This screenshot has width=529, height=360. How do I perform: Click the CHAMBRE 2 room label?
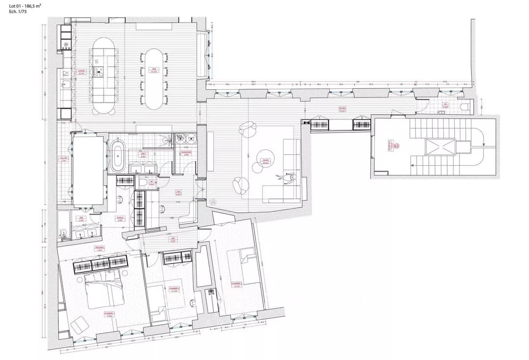(x=173, y=288)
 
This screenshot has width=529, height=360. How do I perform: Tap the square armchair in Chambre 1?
(x=78, y=325)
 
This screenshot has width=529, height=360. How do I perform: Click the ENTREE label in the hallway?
(x=342, y=110)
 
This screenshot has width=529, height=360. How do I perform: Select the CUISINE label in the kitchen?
(x=81, y=72)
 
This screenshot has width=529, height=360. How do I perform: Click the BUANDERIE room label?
(x=186, y=153)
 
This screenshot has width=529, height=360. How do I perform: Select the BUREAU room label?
(x=120, y=219)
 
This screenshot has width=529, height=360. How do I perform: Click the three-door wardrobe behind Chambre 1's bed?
(x=101, y=264)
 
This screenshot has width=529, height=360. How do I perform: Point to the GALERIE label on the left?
(x=64, y=159)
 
